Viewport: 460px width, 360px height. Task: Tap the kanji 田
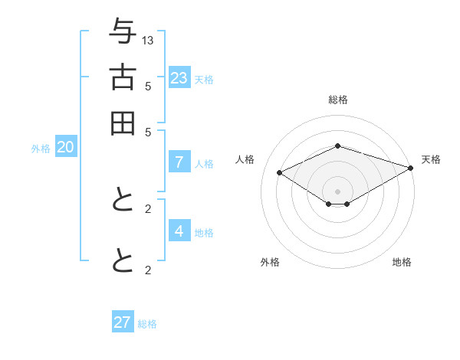click(123, 123)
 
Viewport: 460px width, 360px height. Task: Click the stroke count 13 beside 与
click(148, 40)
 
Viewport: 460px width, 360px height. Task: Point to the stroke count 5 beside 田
click(148, 131)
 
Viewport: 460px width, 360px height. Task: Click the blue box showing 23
click(179, 77)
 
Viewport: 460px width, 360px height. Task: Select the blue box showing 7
click(179, 162)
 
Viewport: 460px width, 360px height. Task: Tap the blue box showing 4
click(179, 231)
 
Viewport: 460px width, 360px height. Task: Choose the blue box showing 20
click(65, 148)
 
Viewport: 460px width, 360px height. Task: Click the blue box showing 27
click(123, 322)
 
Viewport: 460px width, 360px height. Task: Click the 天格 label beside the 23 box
click(203, 79)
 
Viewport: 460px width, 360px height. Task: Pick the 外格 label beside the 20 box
click(41, 149)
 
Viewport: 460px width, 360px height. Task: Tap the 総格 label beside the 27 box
click(147, 324)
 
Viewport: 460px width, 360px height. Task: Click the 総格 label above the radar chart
click(337, 100)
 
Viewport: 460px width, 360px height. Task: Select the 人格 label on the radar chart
click(245, 159)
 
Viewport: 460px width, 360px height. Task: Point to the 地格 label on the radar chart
click(402, 263)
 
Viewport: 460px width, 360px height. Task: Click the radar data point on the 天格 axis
click(412, 168)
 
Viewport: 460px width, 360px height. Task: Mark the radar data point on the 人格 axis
click(280, 173)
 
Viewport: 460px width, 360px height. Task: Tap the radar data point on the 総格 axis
click(337, 146)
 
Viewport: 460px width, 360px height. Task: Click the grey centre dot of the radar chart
click(337, 191)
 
